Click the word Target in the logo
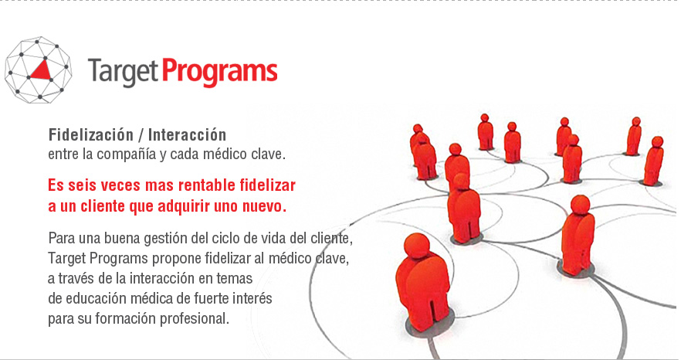(x=123, y=72)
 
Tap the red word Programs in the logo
(x=220, y=72)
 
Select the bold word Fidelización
(x=91, y=134)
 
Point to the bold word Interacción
(x=187, y=134)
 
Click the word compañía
(x=126, y=155)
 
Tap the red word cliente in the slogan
(x=103, y=206)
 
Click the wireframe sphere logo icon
(x=39, y=70)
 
